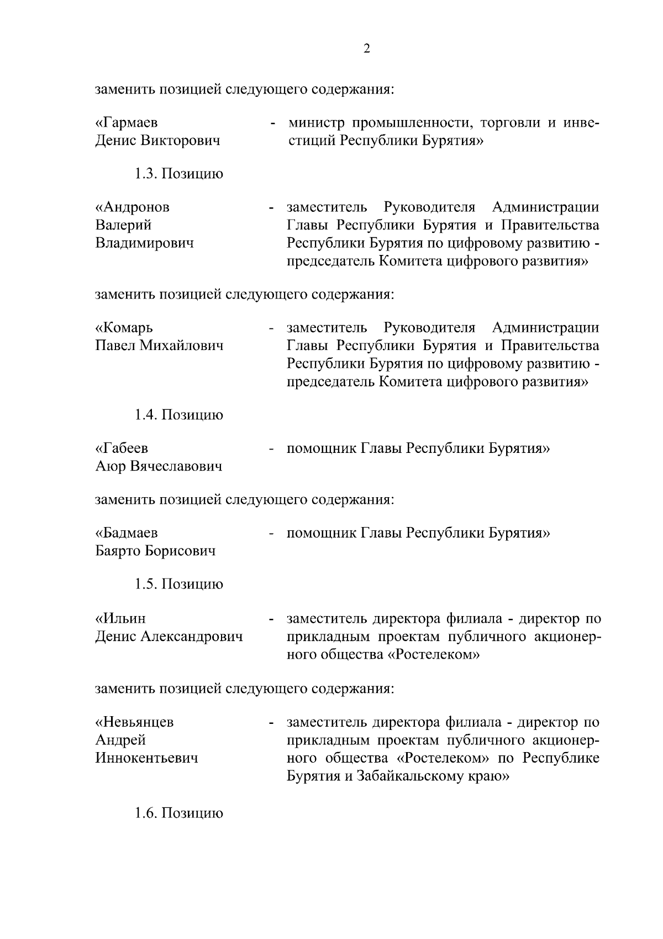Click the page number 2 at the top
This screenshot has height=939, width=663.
coord(367,49)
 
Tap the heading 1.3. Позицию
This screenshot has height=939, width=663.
coord(179,174)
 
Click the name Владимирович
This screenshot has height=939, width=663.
coord(145,243)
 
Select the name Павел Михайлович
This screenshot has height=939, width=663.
coord(160,346)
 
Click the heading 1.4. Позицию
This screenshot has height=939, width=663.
coord(179,415)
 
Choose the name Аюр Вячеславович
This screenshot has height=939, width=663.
coord(159,467)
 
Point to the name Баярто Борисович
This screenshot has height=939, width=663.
coord(156,551)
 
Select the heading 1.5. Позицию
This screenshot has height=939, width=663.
coord(179,585)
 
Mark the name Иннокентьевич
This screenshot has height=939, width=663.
coord(147,758)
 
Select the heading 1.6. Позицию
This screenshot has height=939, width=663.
coord(179,813)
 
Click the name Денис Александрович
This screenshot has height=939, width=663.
coord(169,637)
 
